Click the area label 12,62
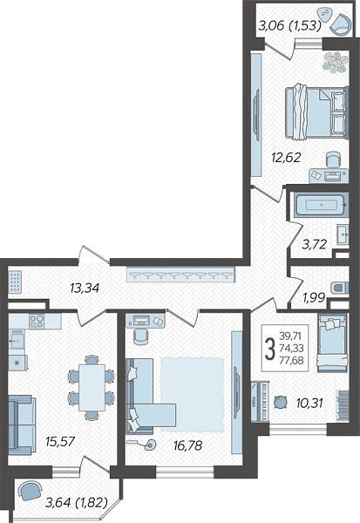point(286,157)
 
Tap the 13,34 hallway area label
point(85,288)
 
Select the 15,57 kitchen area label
point(60,442)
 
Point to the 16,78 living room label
point(187,445)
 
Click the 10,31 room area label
point(309,404)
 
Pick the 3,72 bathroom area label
point(314,245)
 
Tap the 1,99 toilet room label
point(314,297)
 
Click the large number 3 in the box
point(269,349)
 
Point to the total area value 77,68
point(292,360)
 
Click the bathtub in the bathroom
point(322,205)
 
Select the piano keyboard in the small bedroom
point(261,401)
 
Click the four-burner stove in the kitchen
point(37,321)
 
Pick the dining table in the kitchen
point(92,388)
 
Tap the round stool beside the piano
point(281,402)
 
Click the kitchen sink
point(16,340)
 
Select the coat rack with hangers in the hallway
point(181,275)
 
